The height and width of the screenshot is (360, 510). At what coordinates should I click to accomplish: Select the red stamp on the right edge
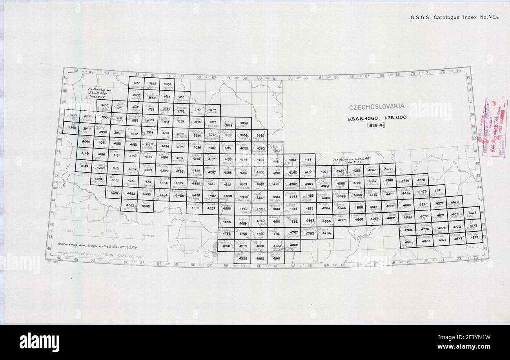(494, 128)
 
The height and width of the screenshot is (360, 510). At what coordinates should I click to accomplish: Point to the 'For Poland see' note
(349, 161)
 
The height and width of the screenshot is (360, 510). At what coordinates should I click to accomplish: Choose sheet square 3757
(212, 111)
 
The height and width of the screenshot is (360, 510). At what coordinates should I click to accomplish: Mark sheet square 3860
(260, 136)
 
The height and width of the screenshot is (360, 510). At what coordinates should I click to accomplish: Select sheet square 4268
(388, 170)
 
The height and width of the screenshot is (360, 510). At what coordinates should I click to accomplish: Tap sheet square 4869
(409, 243)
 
